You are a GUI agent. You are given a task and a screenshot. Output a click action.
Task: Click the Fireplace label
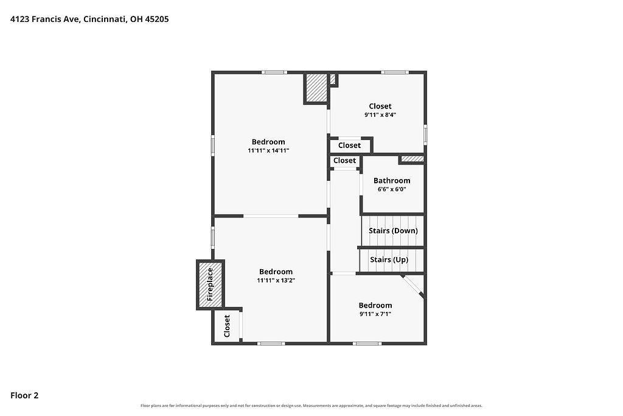(x=210, y=284)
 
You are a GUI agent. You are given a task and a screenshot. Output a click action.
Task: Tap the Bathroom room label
(x=392, y=180)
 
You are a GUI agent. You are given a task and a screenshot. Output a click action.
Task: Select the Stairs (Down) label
(x=394, y=231)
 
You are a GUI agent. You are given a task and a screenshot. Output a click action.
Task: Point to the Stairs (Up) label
(x=389, y=259)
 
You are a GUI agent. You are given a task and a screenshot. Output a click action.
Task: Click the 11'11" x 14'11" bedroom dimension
(x=268, y=150)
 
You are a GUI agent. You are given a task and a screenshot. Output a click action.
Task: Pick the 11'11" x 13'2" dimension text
(x=276, y=280)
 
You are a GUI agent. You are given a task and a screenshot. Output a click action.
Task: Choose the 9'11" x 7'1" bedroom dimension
(x=375, y=314)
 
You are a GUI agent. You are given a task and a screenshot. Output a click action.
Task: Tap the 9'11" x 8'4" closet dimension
(x=380, y=115)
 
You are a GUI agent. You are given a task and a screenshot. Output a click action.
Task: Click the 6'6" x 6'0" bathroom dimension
(x=392, y=189)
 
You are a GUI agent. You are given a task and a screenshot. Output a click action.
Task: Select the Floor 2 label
(x=24, y=395)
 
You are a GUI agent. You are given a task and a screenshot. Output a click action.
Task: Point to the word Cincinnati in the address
(x=105, y=19)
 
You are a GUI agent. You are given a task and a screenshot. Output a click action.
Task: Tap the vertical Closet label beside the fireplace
(x=227, y=326)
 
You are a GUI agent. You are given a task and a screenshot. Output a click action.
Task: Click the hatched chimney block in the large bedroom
(x=316, y=88)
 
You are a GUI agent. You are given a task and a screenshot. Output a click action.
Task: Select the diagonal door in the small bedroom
(x=412, y=285)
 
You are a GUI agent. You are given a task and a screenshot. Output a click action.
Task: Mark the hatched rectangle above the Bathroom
(x=412, y=159)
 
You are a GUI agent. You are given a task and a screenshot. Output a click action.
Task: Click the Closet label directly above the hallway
(x=344, y=161)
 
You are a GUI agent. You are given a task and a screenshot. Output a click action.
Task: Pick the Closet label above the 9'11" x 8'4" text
(x=380, y=106)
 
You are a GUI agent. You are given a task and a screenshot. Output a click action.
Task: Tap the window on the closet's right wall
(x=425, y=135)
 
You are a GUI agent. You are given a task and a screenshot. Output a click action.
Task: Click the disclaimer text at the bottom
(x=311, y=406)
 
